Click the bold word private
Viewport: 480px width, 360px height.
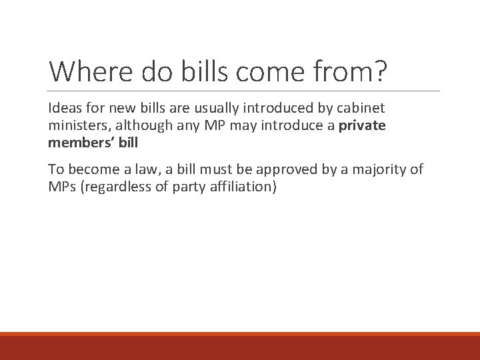pyautogui.click(x=362, y=125)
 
